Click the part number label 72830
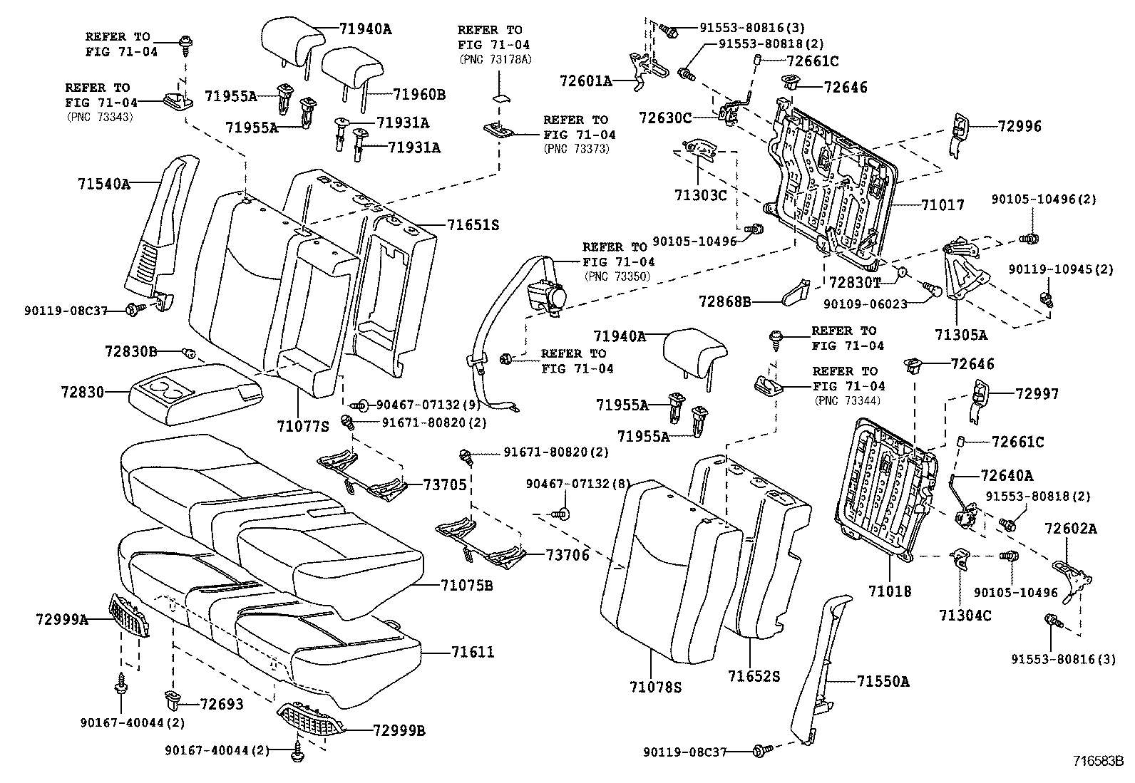[x=82, y=392]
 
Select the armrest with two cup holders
[x=192, y=394]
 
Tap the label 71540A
[x=104, y=184]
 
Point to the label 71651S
[x=473, y=225]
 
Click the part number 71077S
[x=303, y=427]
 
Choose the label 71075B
[x=468, y=586]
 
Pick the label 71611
[x=473, y=652]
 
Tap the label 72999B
[x=399, y=730]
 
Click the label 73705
[x=445, y=485]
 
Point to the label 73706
[x=567, y=555]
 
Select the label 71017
[x=942, y=205]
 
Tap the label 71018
[x=889, y=591]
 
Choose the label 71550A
[x=883, y=682]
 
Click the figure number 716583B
[x=1099, y=760]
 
